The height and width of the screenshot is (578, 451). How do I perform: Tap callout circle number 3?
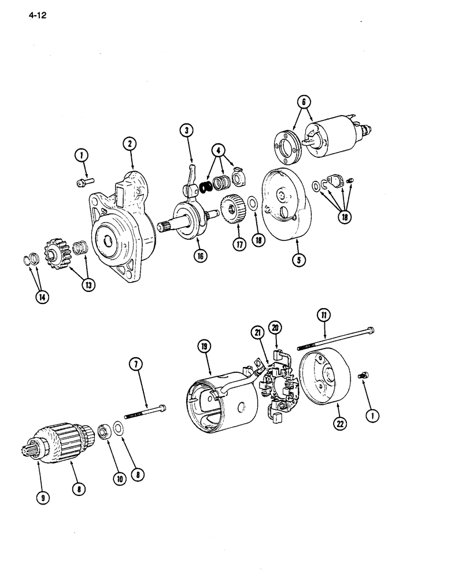coord(186,131)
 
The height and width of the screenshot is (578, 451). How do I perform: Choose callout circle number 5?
coord(298,260)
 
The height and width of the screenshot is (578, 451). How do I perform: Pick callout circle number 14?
coord(43,297)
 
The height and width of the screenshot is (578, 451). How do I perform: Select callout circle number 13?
coord(87,285)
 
